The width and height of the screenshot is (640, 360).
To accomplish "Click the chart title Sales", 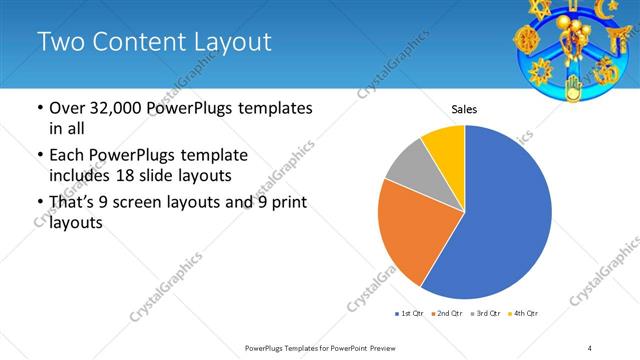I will click(x=464, y=109).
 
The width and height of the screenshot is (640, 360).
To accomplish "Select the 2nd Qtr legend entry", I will click(x=449, y=314).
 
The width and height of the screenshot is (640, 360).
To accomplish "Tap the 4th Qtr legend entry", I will click(x=527, y=314).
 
